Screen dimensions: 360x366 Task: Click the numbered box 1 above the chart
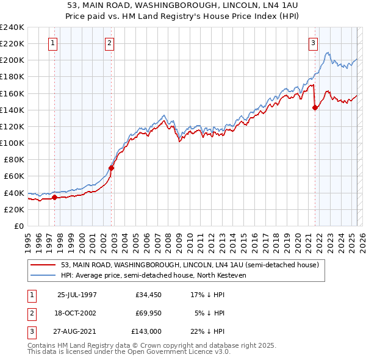[54, 43]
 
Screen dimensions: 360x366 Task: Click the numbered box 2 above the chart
[109, 43]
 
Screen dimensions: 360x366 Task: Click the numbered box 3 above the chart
[312, 43]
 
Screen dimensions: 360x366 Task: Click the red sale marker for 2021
[315, 108]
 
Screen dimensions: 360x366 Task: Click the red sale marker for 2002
[112, 168]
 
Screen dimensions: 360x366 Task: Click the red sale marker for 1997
[54, 197]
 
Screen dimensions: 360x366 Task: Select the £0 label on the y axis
[18, 226]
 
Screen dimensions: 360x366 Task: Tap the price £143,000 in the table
[146, 331]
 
